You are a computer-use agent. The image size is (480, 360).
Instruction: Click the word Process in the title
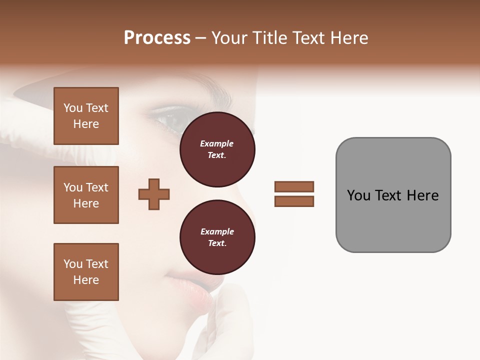pos(157,38)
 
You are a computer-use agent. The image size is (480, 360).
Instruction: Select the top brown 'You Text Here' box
pos(86,116)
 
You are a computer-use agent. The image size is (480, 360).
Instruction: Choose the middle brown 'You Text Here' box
pos(86,195)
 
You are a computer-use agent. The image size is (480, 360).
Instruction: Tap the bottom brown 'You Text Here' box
pos(86,271)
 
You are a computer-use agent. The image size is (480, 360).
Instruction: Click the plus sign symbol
pos(154,194)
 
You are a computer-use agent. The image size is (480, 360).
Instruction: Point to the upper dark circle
pos(217,149)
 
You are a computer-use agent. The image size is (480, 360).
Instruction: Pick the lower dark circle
pos(217,237)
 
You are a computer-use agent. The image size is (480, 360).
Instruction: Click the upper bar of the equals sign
pos(294,186)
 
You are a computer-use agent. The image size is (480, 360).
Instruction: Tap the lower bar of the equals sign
pos(294,201)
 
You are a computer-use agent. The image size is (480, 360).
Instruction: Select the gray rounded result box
pos(393,194)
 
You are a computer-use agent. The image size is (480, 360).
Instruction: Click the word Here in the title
pos(348,38)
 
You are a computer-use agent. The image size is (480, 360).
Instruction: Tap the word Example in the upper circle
pos(216,143)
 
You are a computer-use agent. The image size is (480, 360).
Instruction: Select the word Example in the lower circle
pos(217,231)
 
